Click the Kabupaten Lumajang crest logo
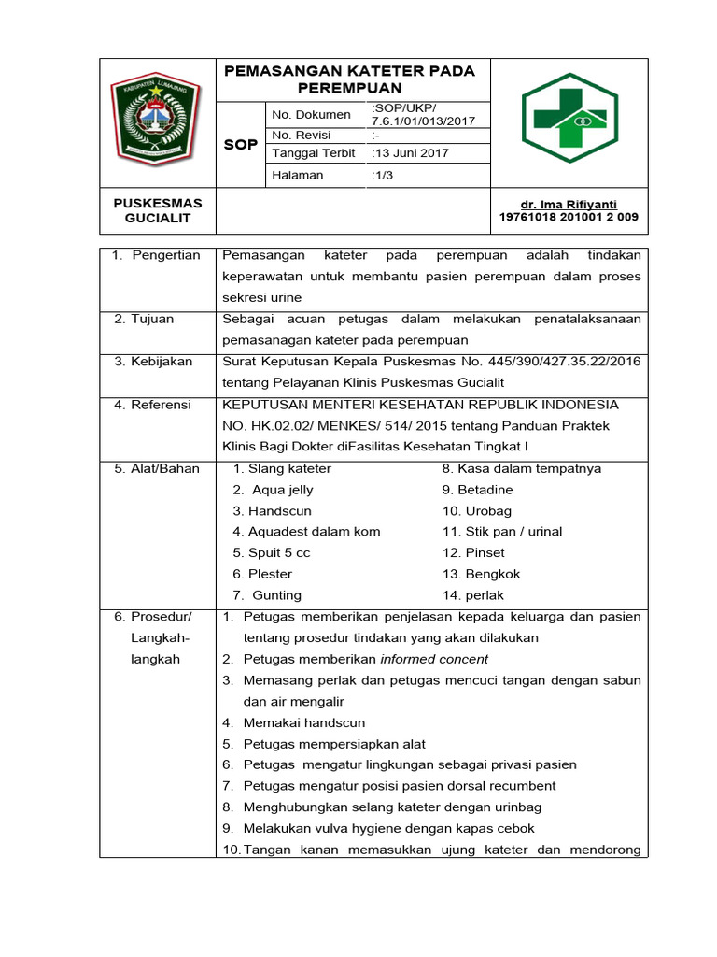159,117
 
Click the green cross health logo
569,118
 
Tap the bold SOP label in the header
241,146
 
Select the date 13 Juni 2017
410,153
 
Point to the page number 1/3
383,175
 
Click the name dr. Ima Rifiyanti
569,204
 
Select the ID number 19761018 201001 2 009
569,217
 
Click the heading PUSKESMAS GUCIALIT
158,210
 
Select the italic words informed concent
434,659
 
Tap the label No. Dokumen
311,115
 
